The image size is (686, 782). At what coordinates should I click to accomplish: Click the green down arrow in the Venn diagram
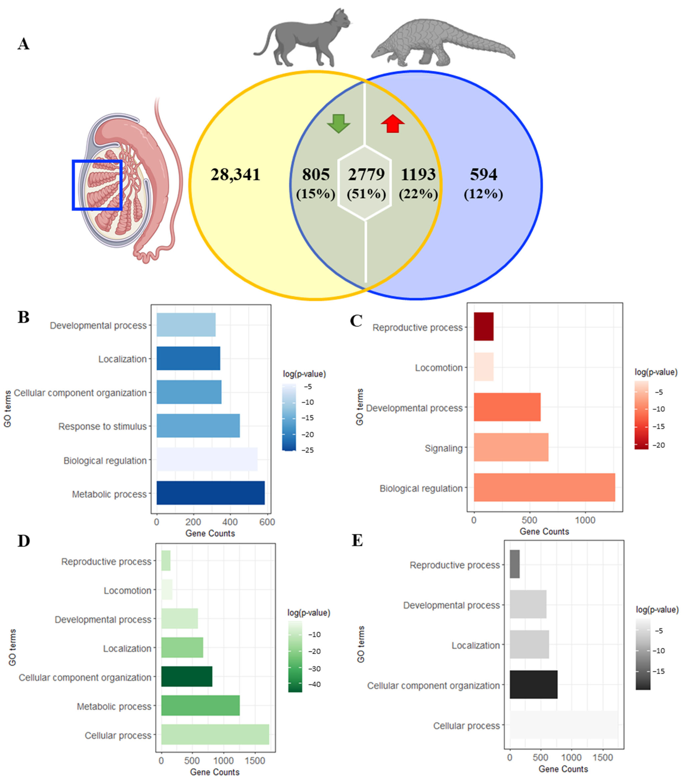tap(338, 123)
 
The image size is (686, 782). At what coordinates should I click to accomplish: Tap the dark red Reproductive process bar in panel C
tap(483, 326)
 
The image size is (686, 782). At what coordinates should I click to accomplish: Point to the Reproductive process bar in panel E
tap(514, 564)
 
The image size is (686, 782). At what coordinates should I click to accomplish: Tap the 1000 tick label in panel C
tap(585, 520)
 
